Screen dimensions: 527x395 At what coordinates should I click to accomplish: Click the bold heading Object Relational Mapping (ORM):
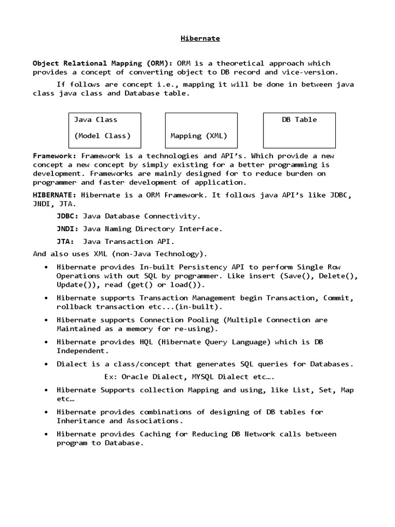coord(103,63)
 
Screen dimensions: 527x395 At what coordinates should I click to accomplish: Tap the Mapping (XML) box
coord(201,131)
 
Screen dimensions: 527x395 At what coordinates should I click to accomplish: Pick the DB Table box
coord(299,131)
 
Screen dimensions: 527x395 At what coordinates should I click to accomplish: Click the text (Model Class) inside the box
coord(102,136)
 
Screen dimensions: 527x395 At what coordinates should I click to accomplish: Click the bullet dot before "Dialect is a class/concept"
coord(46,364)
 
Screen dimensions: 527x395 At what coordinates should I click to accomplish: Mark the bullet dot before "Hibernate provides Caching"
coord(46,434)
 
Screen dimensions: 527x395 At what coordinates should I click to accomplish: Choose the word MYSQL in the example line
coord(203,377)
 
